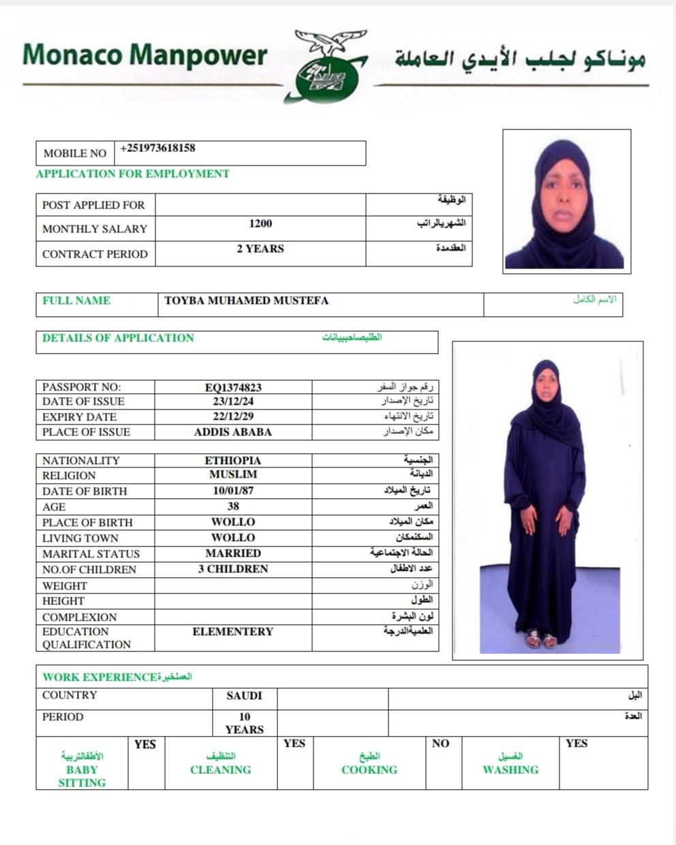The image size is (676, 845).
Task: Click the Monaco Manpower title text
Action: [x=144, y=55]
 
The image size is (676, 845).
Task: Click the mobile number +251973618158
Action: [x=157, y=148]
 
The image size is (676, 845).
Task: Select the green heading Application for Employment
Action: [x=132, y=174]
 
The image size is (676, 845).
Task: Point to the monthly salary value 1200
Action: [x=260, y=224]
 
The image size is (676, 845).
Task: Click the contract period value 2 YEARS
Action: [x=260, y=249]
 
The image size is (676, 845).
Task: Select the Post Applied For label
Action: [x=93, y=205]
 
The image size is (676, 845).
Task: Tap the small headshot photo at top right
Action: [x=566, y=202]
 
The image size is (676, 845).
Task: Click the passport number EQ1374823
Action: [x=233, y=388]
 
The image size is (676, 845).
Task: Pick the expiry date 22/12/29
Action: [x=233, y=416]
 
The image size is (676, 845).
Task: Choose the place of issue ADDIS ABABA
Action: [x=233, y=432]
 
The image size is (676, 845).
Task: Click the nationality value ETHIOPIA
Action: [x=233, y=461]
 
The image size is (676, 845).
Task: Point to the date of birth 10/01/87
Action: [x=233, y=491]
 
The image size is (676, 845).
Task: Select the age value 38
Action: [x=233, y=506]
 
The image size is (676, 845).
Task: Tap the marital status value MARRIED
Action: [x=233, y=553]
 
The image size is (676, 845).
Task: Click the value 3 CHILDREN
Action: [x=233, y=569]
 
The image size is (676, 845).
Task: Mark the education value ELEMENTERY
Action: [x=233, y=632]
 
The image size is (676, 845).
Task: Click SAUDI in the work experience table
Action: [x=244, y=696]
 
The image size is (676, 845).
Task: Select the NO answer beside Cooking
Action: [x=441, y=743]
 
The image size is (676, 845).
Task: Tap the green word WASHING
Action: [x=510, y=770]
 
